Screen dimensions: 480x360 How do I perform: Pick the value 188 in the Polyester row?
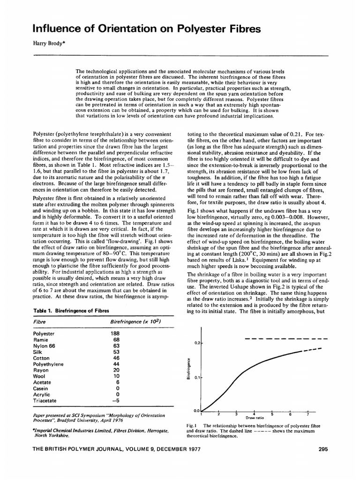pos(114,333)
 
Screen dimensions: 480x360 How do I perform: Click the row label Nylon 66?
pos(45,346)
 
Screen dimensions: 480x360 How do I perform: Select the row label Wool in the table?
pos(39,376)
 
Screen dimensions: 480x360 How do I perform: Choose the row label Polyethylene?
pos(48,364)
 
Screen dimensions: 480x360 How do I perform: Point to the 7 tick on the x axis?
pos(308,414)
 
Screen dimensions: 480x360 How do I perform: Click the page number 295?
pos(322,449)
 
